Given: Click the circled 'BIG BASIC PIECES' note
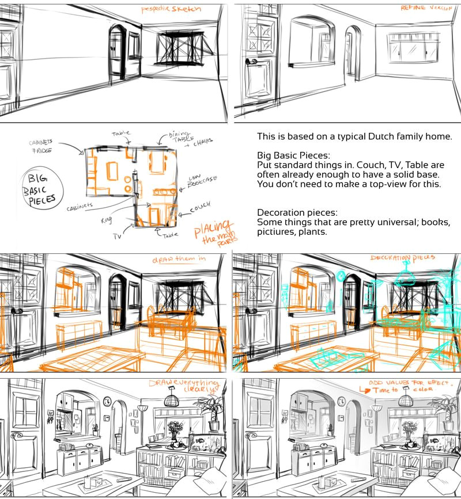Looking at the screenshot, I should pos(37,188).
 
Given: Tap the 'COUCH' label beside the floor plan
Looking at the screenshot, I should pos(199,205).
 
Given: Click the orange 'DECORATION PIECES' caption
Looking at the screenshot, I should pos(403,258).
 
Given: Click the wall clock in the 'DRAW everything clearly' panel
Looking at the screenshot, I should pos(107,401).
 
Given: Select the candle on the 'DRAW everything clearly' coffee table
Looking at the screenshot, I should pos(88,481).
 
